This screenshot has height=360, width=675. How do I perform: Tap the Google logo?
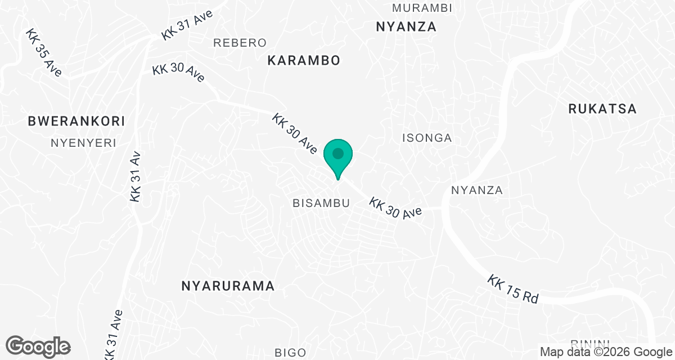pos(38,346)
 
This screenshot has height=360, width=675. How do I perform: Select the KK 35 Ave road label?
pos(43,53)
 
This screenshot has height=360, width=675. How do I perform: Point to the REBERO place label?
pos(240,43)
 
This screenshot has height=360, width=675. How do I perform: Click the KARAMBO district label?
pos(304,61)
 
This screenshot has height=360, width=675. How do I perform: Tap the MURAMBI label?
pos(422,8)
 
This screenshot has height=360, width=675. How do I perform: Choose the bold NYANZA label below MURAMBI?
pos(406,27)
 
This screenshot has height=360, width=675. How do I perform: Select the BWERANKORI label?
pos(76,121)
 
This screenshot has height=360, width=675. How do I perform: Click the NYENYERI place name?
pos(83,143)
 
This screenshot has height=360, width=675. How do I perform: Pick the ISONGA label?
pos(427,138)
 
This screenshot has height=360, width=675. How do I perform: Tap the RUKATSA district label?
pos(602,109)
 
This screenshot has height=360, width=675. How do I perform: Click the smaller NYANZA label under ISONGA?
pos(476,190)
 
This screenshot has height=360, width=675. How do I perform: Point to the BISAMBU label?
pos(321,203)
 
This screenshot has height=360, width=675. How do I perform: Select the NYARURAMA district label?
pos(228,286)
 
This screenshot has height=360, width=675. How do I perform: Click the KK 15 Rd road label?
pos(513,289)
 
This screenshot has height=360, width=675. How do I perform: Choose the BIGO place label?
pos(291,353)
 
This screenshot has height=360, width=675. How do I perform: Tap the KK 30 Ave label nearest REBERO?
pos(178,73)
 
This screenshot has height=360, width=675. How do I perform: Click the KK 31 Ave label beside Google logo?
pos(113,336)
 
